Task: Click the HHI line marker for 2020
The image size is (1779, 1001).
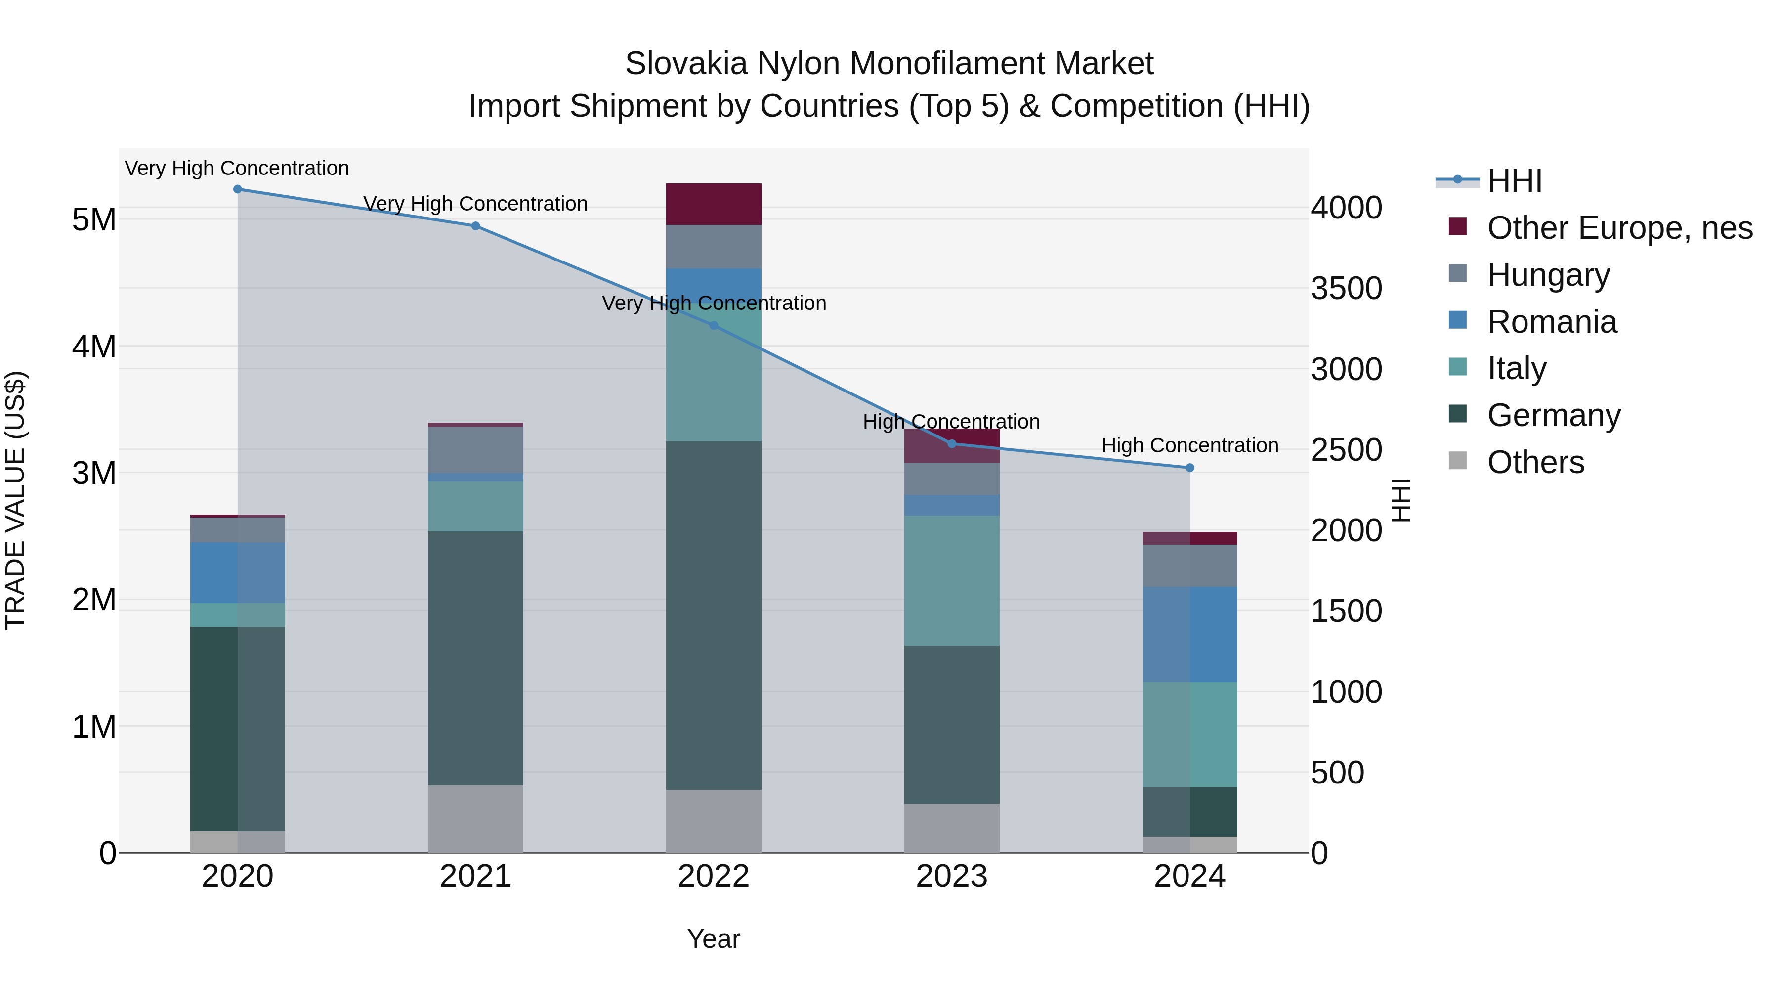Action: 238,189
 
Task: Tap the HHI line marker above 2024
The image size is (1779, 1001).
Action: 1189,468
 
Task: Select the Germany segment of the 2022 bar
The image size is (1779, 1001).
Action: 714,615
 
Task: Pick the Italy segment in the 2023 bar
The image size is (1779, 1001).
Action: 952,580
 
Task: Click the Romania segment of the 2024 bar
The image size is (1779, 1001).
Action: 1189,634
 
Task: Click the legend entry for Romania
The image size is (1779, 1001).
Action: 1552,322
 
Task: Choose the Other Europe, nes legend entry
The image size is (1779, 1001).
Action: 1619,228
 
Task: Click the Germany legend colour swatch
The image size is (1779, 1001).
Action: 1457,415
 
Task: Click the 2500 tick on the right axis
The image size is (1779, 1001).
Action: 1346,450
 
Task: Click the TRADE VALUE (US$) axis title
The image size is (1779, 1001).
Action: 15,500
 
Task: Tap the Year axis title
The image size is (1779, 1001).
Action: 714,939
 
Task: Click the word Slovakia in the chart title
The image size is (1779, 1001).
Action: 686,64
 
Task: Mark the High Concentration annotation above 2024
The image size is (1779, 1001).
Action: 1189,445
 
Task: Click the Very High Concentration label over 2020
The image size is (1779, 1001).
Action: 237,168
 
